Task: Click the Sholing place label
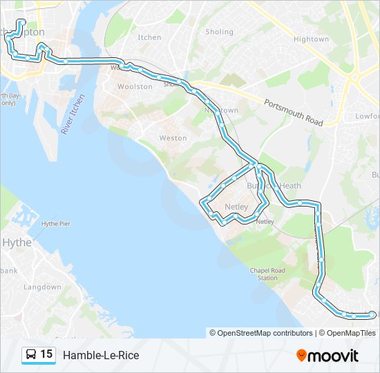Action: [220, 32]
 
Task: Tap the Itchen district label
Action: [149, 37]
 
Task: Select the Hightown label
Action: [311, 39]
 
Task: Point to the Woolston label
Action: [135, 87]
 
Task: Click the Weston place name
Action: [173, 138]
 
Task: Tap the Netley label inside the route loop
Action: [236, 207]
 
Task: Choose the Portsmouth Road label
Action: [294, 112]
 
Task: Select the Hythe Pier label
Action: [56, 224]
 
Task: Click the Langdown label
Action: [42, 287]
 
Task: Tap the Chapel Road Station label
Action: [267, 274]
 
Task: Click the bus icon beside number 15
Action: [31, 355]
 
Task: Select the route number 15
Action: [46, 354]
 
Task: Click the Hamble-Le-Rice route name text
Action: [101, 355]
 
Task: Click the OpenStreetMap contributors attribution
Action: [265, 333]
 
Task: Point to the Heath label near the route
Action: [290, 186]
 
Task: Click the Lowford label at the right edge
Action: [368, 117]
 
